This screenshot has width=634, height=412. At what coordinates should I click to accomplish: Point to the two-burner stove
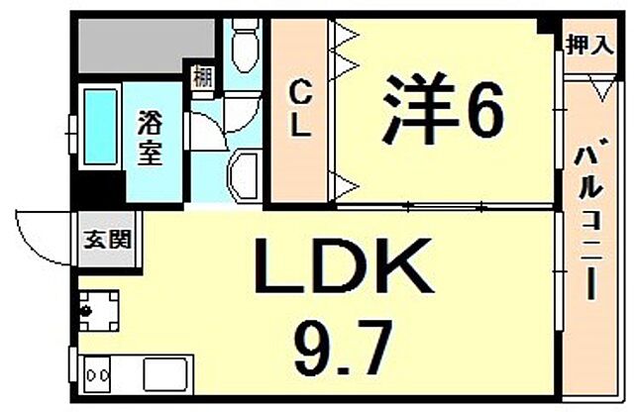100,377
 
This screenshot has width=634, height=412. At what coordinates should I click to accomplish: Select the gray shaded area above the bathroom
144,45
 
